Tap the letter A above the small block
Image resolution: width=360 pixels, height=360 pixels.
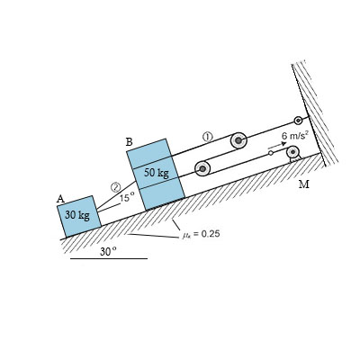(61, 199)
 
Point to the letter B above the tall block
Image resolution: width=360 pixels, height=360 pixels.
(130, 141)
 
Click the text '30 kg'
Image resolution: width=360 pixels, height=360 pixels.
(77, 216)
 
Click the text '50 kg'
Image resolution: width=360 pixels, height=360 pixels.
(157, 172)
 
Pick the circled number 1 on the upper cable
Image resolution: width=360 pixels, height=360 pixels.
(207, 136)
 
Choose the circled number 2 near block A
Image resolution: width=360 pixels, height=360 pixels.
(116, 186)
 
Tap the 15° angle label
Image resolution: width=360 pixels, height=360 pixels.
(127, 197)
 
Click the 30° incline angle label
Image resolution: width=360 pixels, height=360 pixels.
(108, 251)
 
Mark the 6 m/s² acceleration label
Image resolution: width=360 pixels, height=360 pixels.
(294, 135)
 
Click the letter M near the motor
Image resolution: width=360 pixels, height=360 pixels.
(303, 184)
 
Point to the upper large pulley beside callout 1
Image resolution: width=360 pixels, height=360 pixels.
(238, 140)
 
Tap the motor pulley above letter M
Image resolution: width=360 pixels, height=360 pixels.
(292, 152)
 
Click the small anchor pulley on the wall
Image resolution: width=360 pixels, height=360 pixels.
(299, 121)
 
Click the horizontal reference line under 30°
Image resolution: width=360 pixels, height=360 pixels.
(109, 259)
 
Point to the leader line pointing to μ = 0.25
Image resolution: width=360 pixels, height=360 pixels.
(153, 236)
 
